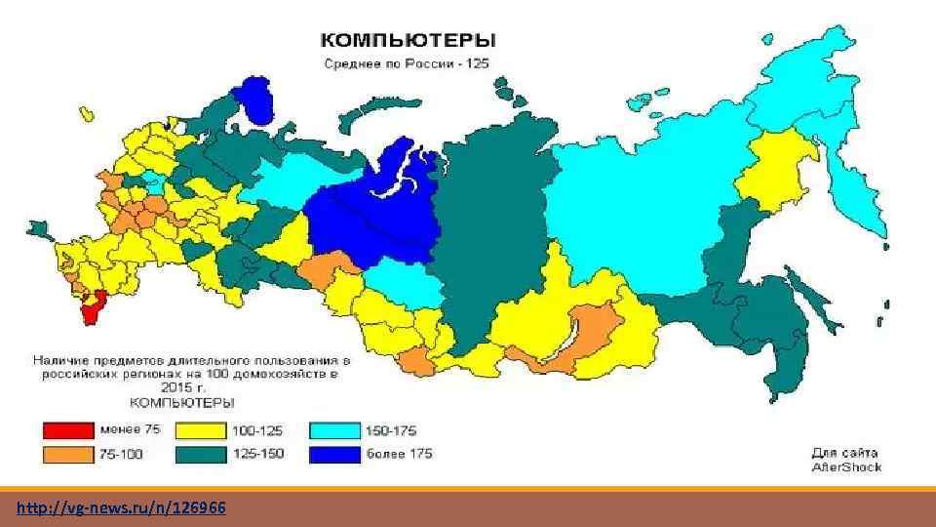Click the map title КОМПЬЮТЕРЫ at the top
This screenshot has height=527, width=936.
pos(409,41)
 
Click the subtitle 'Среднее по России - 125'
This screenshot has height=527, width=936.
pos(407,63)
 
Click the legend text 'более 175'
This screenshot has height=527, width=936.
pos(400,454)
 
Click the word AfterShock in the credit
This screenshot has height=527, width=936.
pos(846,466)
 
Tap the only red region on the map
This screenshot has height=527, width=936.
pos(92,308)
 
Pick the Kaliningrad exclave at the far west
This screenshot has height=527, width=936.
pos(40,230)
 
